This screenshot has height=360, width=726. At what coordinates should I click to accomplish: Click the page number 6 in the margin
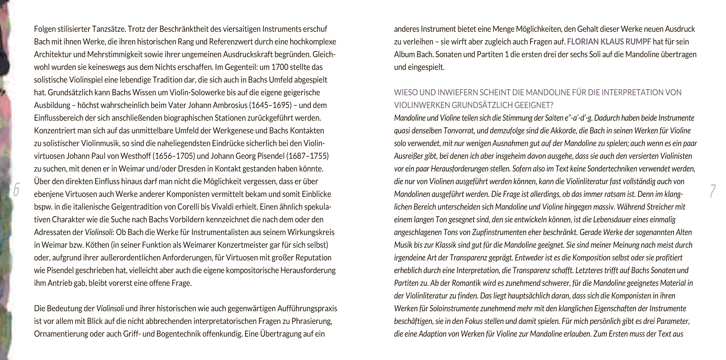16,190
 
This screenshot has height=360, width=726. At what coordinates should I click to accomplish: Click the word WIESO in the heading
406,92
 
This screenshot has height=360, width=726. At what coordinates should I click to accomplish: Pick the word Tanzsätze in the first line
109,29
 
